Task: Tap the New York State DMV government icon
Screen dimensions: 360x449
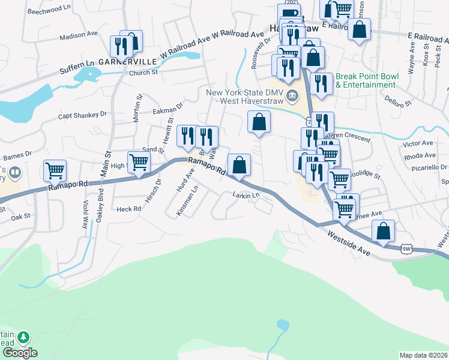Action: coord(292,95)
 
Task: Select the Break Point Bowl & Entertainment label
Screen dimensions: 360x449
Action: coord(366,81)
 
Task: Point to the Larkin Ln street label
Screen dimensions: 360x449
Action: coord(246,195)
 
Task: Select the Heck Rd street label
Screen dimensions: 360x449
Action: coord(128,209)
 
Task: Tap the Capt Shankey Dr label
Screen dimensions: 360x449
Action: coord(82,115)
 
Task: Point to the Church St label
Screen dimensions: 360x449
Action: coord(143,73)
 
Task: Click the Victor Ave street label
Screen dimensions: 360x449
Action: coord(418,144)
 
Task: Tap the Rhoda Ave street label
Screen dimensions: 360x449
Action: coord(420,155)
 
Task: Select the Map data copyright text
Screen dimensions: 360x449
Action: coord(423,355)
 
